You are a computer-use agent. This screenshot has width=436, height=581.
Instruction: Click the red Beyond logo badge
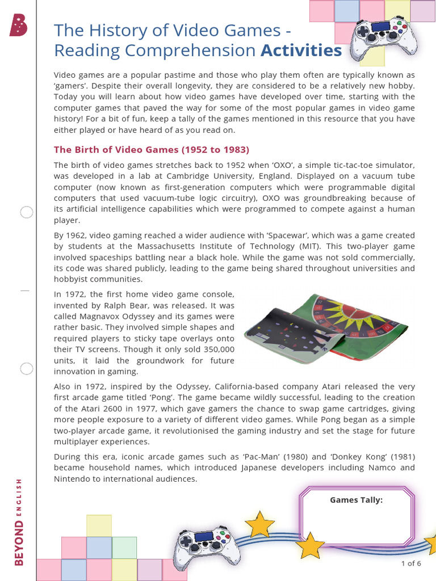point(18,25)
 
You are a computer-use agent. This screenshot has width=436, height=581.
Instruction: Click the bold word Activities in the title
point(301,51)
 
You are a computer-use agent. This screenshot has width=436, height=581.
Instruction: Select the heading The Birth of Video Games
point(151,150)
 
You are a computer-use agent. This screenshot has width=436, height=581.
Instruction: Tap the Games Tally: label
point(356,500)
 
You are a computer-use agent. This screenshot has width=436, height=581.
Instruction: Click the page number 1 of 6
point(411,563)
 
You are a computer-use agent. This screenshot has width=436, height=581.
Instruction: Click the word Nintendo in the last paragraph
point(73,479)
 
